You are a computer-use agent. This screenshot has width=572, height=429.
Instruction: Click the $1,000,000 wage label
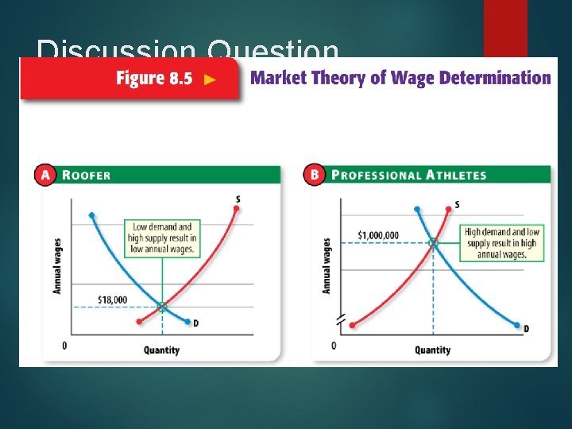(378, 235)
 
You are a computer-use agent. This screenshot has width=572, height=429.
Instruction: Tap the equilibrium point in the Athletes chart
(433, 243)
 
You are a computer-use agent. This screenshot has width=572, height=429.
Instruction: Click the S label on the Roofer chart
(238, 199)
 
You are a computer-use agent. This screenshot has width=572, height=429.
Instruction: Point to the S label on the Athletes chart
(456, 205)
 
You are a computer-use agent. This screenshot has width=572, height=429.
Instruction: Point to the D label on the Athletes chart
(526, 329)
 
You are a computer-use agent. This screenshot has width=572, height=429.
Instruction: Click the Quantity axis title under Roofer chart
(161, 350)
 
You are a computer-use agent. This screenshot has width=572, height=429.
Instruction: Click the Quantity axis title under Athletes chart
(432, 350)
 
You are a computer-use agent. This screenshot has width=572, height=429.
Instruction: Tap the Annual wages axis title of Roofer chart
(57, 264)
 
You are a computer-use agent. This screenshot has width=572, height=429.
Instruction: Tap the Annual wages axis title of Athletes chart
(327, 265)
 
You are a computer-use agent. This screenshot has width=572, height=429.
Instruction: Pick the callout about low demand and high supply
(162, 238)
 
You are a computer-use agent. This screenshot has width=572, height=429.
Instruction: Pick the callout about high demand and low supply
(501, 243)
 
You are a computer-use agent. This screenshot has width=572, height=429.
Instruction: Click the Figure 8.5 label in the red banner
(154, 79)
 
